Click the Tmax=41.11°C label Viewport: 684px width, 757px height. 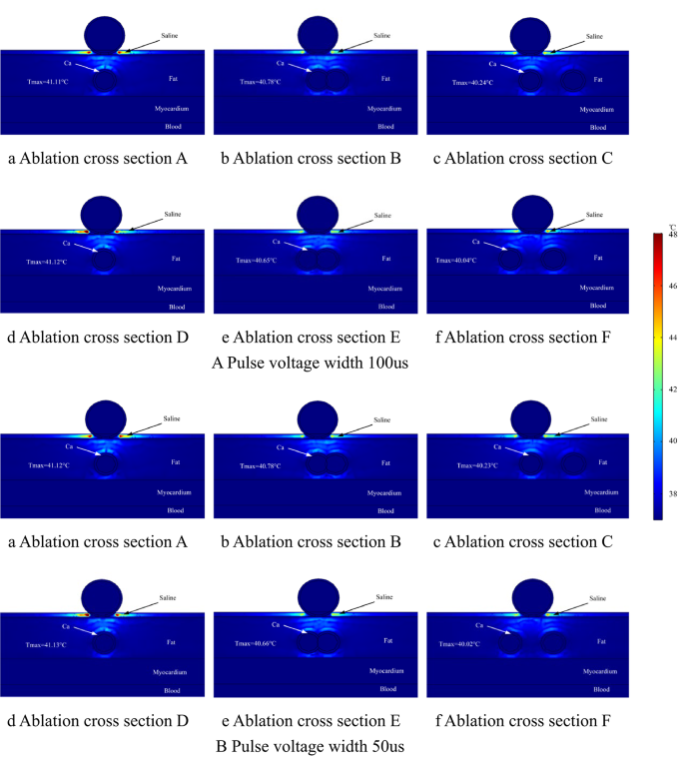pos(47,80)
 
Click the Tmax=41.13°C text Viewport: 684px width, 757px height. pos(47,644)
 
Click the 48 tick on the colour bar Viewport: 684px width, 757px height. pos(673,235)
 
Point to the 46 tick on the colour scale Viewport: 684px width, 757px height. pos(673,286)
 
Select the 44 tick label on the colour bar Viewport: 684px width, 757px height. pos(673,338)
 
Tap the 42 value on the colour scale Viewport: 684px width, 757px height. pos(673,389)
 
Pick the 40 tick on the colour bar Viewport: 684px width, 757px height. pos(673,440)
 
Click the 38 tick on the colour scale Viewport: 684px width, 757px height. pos(673,492)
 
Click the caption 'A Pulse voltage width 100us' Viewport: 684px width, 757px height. pos(310,362)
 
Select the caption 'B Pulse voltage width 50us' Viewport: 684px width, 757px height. pos(312,745)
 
